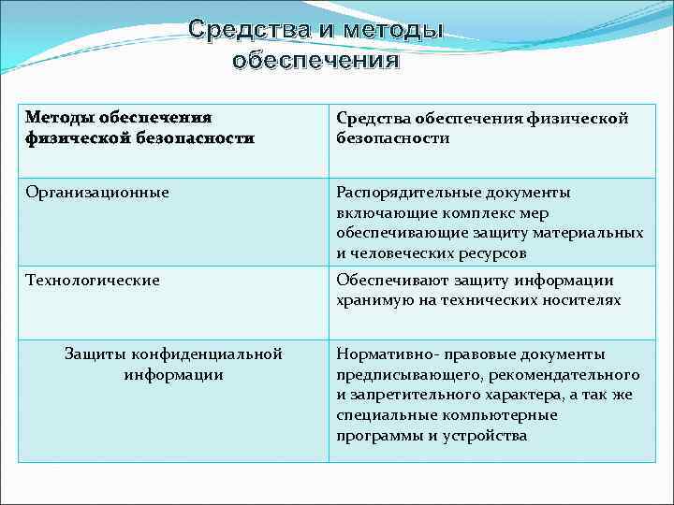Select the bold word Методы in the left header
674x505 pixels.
(x=62, y=118)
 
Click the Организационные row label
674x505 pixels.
(x=97, y=193)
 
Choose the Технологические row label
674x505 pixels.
(x=93, y=280)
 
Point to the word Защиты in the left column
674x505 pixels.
(x=95, y=354)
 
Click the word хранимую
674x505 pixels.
(x=374, y=300)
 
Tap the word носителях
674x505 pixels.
(x=581, y=300)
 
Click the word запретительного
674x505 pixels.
(x=412, y=395)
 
